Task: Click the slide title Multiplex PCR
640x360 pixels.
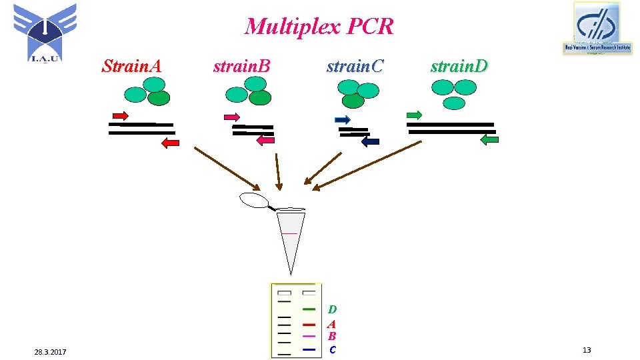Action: (319, 27)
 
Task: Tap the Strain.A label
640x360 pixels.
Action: (131, 66)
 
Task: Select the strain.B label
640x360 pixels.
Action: (241, 66)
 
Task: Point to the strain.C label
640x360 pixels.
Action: (355, 66)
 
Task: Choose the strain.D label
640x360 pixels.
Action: (459, 66)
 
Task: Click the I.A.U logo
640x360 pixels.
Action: (45, 31)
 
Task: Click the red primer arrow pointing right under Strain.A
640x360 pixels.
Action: (121, 115)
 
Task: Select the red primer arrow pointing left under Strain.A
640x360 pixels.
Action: (171, 142)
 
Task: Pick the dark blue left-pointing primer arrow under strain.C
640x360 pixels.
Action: (370, 141)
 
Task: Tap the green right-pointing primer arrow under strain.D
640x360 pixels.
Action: (414, 115)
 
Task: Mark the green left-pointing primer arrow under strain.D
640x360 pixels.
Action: (489, 140)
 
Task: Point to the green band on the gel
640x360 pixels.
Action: (309, 309)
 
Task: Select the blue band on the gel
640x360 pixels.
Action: (309, 349)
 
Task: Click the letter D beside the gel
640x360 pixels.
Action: (332, 309)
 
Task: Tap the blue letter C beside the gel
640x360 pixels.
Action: (332, 349)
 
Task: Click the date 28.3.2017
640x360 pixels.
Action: (56, 351)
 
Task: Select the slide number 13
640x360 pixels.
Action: (586, 351)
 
